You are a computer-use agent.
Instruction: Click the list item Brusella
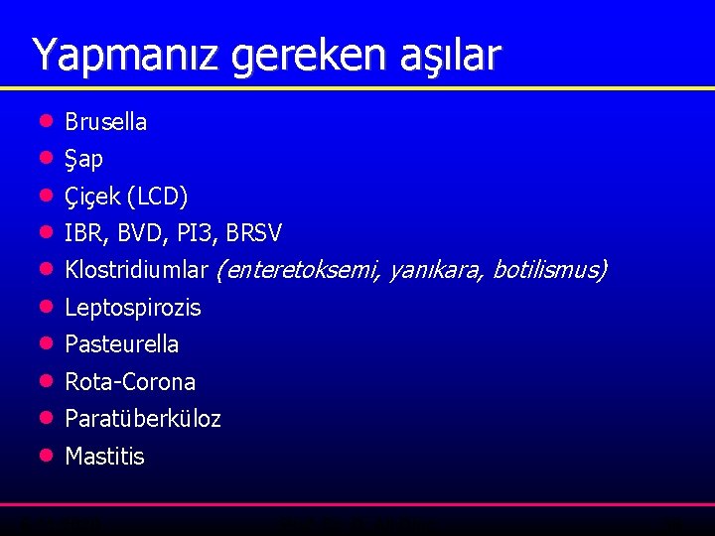(x=105, y=122)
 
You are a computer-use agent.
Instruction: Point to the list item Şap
(x=83, y=159)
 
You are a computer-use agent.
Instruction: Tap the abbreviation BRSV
(x=254, y=233)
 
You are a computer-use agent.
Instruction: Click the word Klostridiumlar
(x=136, y=270)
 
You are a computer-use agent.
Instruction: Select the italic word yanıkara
(x=434, y=270)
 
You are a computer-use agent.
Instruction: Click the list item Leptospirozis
(x=132, y=308)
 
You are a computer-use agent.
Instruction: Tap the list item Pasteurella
(x=121, y=344)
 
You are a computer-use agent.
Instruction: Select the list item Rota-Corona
(x=129, y=382)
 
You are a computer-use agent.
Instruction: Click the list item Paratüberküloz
(x=142, y=419)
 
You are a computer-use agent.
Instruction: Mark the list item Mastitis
(x=104, y=457)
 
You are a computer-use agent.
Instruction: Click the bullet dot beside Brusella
(x=44, y=121)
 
